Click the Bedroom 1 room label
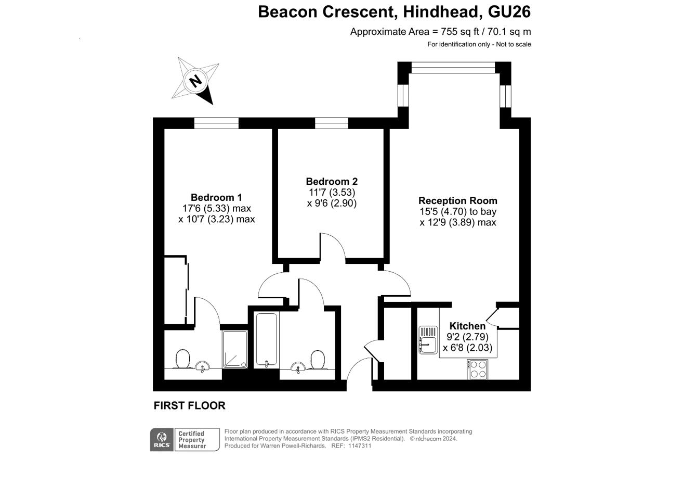pos(216,197)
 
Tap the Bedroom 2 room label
pos(332,181)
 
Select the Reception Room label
pos(457,200)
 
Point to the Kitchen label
pos(467,326)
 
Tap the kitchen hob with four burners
pos(477,370)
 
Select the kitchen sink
pos(428,340)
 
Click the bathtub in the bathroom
pos(266,339)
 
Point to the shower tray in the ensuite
pos(235,349)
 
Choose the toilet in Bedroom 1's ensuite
pos(183,359)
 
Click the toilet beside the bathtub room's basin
pos(318,360)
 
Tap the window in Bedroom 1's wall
pos(216,123)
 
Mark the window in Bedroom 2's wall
pos(332,123)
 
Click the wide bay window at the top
pos(453,68)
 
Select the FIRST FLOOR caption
pos(189,405)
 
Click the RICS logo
pos(162,439)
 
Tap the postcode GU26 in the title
pos(509,12)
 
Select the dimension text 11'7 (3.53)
pos(332,193)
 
